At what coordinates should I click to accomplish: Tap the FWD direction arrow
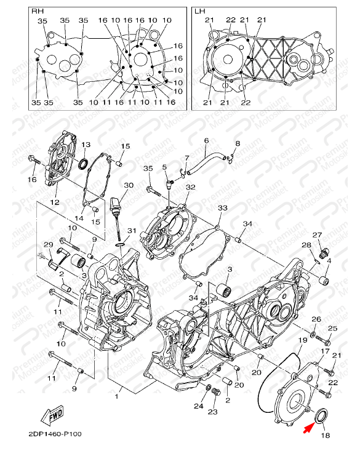tap(52, 415)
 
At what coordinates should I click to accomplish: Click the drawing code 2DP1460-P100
tap(55, 434)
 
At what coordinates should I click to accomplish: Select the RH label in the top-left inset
tap(38, 11)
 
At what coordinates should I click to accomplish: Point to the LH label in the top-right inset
tap(200, 11)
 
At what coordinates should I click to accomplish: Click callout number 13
tap(86, 145)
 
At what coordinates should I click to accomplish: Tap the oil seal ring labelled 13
tap(84, 164)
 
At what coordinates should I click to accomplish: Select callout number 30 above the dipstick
tap(129, 185)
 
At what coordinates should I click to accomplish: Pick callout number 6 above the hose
tap(206, 141)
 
